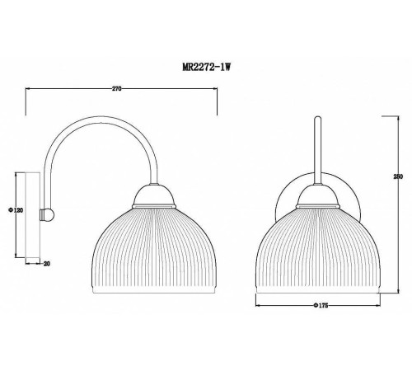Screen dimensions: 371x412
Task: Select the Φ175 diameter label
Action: [x=322, y=307]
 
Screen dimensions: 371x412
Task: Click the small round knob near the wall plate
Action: [x=49, y=214]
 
